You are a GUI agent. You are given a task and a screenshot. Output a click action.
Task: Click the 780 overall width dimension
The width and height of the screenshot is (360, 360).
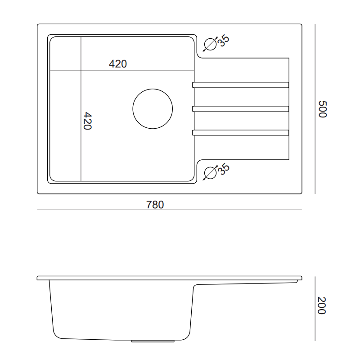(x=155, y=205)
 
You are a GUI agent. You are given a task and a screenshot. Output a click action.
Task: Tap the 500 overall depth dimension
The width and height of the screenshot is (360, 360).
(x=322, y=109)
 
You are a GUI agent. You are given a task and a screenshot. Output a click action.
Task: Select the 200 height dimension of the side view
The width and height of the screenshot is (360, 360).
(x=321, y=306)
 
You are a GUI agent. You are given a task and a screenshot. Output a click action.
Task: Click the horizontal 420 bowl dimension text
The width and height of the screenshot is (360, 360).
(x=118, y=64)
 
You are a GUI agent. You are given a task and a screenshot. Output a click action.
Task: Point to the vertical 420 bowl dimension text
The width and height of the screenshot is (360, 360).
(x=87, y=121)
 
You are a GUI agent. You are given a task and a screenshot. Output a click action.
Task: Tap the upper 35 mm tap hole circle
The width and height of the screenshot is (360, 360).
(x=210, y=38)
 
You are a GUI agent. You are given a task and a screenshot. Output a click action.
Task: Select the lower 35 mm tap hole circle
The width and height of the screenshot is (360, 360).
(x=210, y=166)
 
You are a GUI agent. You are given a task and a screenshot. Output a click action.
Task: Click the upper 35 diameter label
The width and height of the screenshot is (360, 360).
(x=223, y=40)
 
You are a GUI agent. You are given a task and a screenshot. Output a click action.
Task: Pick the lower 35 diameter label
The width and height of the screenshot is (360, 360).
(x=223, y=169)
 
